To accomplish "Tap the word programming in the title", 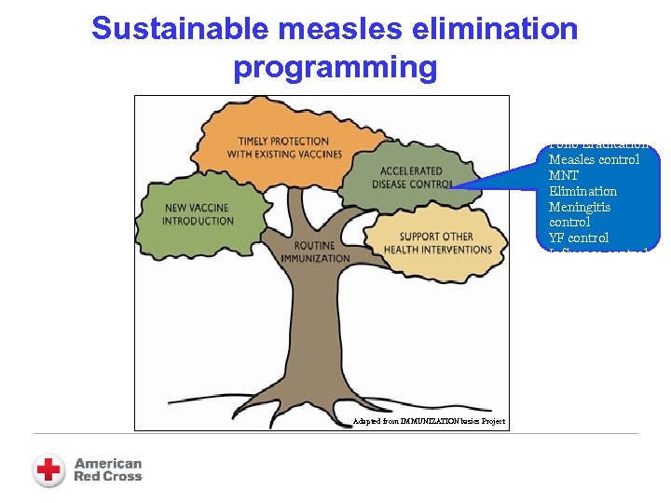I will [335, 67].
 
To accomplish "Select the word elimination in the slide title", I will [490, 29].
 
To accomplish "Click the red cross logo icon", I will [48, 469].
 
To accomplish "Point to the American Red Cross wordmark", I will [108, 469].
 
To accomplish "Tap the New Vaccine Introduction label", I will [198, 214].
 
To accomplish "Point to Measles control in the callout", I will [594, 159].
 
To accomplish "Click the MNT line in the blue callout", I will [564, 175].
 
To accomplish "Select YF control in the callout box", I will [579, 238].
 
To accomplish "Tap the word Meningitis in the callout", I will [580, 207].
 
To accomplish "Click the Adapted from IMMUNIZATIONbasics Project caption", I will [429, 421].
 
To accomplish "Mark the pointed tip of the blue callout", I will [448, 187].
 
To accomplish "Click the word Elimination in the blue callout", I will [582, 191].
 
